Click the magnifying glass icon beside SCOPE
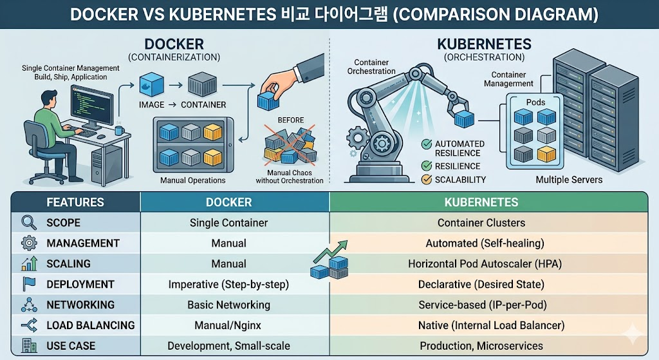[29, 223]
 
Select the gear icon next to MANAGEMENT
[29, 243]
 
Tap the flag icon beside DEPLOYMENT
[29, 284]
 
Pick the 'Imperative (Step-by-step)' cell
[228, 284]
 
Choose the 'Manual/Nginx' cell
[228, 325]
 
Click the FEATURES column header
[75, 202]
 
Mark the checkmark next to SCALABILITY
[425, 180]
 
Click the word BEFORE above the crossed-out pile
[291, 120]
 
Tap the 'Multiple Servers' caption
[569, 180]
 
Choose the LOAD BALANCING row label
[90, 325]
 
